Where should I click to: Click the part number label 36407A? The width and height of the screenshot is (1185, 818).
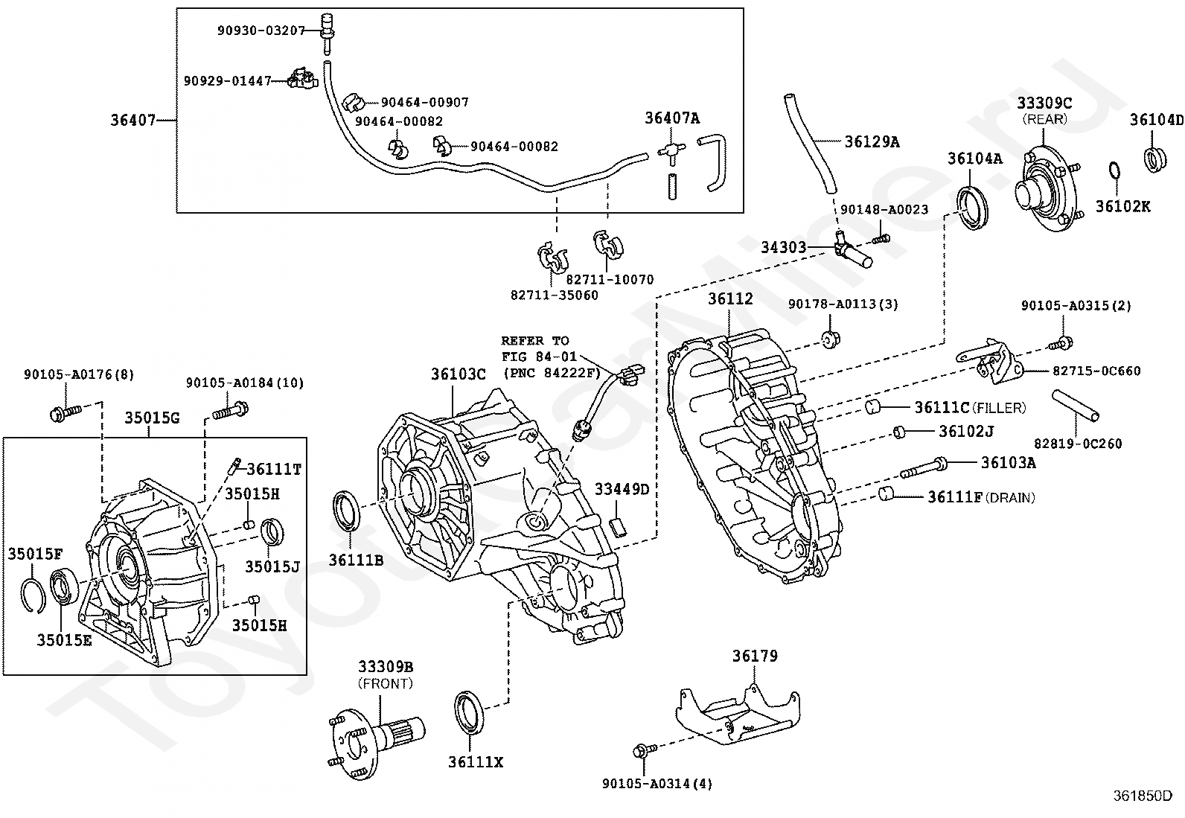click(672, 118)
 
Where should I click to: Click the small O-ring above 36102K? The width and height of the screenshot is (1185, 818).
click(1114, 170)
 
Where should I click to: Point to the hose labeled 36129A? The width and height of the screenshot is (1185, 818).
click(809, 144)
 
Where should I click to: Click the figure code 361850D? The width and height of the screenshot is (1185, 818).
click(1143, 796)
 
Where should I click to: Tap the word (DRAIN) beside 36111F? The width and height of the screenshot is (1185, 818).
click(1010, 498)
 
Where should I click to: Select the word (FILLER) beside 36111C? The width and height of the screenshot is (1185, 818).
click(998, 408)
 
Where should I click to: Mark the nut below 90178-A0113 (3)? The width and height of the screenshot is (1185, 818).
click(831, 339)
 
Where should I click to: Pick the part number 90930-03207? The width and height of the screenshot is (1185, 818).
click(261, 31)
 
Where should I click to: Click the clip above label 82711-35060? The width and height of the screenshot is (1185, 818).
click(552, 258)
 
